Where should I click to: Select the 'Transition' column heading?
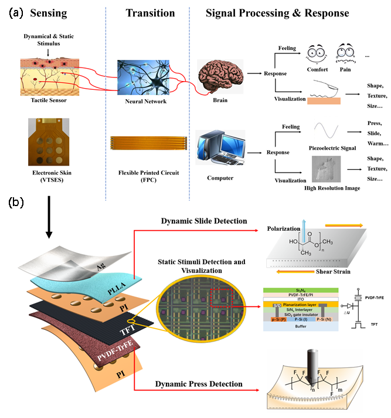(x=150, y=13)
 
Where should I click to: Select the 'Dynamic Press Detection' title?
(x=199, y=384)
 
